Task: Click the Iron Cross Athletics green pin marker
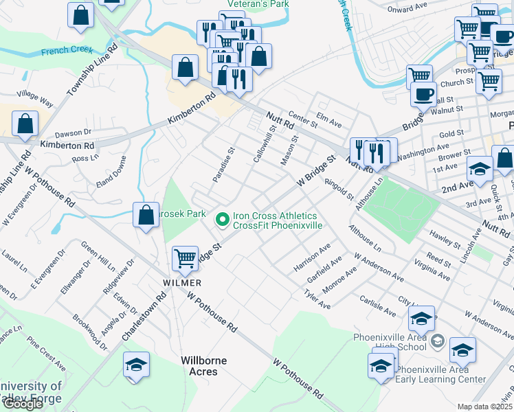pyautogui.click(x=222, y=220)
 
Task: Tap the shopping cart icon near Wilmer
pyautogui.click(x=185, y=258)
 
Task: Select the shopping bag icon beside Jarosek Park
pyautogui.click(x=146, y=215)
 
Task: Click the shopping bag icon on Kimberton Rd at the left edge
pyautogui.click(x=25, y=124)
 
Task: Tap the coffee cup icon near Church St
pyautogui.click(x=423, y=93)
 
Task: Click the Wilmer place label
pyautogui.click(x=182, y=283)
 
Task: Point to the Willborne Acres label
pyautogui.click(x=199, y=366)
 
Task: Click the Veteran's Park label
pyautogui.click(x=254, y=4)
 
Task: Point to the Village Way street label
pyautogui.click(x=36, y=98)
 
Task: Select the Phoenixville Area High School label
pyautogui.click(x=390, y=341)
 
